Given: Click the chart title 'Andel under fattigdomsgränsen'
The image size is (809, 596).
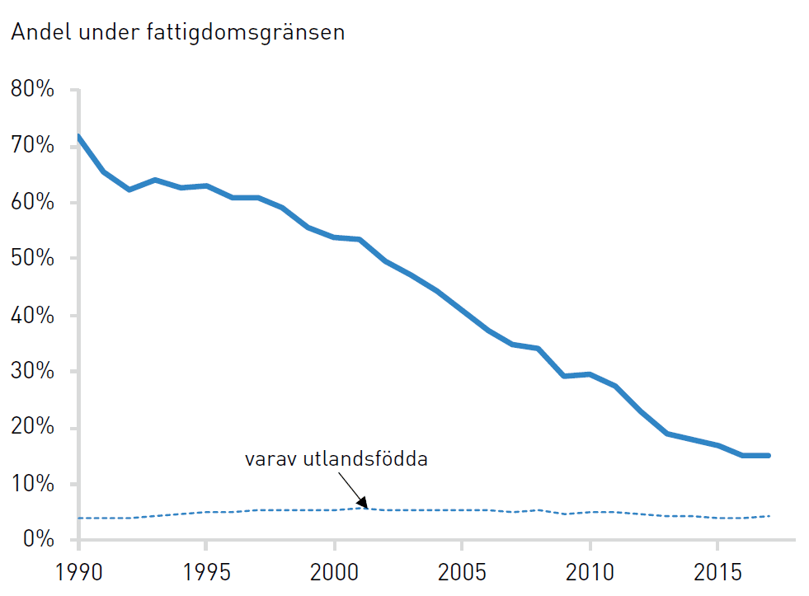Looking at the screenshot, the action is pyautogui.click(x=178, y=32).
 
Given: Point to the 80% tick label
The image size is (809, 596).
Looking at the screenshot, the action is pyautogui.click(x=32, y=89).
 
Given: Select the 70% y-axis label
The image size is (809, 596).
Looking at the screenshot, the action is pyautogui.click(x=32, y=145).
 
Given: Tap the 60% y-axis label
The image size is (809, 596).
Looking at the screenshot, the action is pyautogui.click(x=32, y=202).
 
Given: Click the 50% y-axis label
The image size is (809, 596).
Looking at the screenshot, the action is pyautogui.click(x=32, y=258).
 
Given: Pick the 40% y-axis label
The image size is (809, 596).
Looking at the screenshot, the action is pyautogui.click(x=32, y=315).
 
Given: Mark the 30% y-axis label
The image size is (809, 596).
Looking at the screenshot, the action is pyautogui.click(x=32, y=371).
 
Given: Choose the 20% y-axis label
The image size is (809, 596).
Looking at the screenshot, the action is pyautogui.click(x=32, y=427).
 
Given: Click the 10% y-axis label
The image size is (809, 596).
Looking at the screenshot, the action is pyautogui.click(x=32, y=484).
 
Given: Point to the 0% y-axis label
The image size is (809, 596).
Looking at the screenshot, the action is pyautogui.click(x=39, y=539).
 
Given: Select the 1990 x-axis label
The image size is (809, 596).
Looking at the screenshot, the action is pyautogui.click(x=79, y=572).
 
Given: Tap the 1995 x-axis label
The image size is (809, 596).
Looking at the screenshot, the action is pyautogui.click(x=206, y=572).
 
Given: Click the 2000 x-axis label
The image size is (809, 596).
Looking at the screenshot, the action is pyautogui.click(x=334, y=572).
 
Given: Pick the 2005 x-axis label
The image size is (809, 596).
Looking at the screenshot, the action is pyautogui.click(x=462, y=572).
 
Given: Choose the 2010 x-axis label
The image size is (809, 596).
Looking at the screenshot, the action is pyautogui.click(x=590, y=572).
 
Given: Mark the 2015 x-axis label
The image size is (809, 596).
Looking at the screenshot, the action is pyautogui.click(x=717, y=572).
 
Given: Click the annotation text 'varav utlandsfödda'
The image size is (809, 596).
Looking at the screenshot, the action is pyautogui.click(x=336, y=459).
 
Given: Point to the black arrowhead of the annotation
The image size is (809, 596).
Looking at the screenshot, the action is pyautogui.click(x=363, y=503).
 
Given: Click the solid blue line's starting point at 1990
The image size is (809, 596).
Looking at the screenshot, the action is pyautogui.click(x=78, y=136).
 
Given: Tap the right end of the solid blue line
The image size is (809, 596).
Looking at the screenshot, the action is pyautogui.click(x=769, y=456).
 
